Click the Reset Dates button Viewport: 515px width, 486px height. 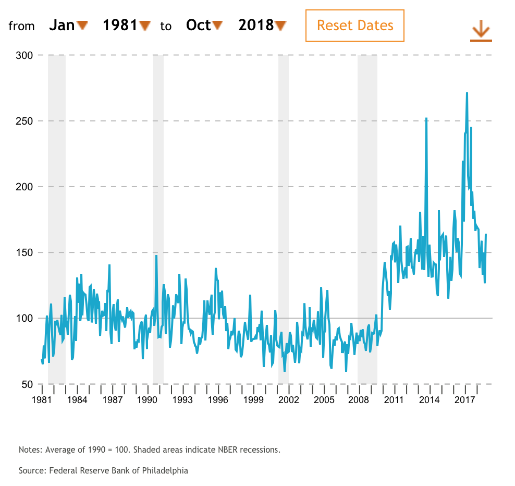tap(354, 26)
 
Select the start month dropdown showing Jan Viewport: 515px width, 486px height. tap(68, 25)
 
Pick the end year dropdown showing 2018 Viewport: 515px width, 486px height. tap(262, 25)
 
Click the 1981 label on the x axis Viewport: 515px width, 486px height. tap(41, 400)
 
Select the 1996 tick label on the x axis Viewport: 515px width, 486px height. tap(217, 400)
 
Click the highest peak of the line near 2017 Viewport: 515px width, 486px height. tap(467, 93)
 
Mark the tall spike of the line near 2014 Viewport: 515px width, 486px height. tap(426, 119)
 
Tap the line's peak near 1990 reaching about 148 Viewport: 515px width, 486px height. tap(156, 256)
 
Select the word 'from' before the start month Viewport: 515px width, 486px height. tap(21, 26)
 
